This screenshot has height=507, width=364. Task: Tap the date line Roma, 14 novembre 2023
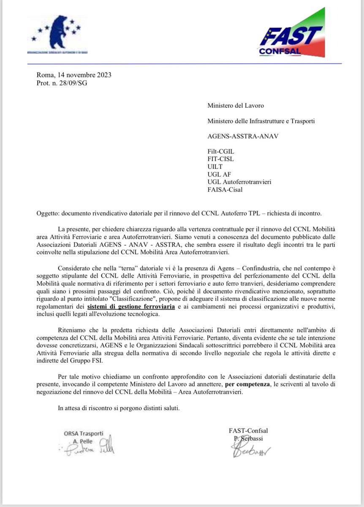74,76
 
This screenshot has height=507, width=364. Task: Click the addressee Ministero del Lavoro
235,106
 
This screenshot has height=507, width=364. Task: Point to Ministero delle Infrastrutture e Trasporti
261,121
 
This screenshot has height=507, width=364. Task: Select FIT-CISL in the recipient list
220,159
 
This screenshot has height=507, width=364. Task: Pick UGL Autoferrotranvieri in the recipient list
239,182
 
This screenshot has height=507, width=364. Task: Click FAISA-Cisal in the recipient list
225,190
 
